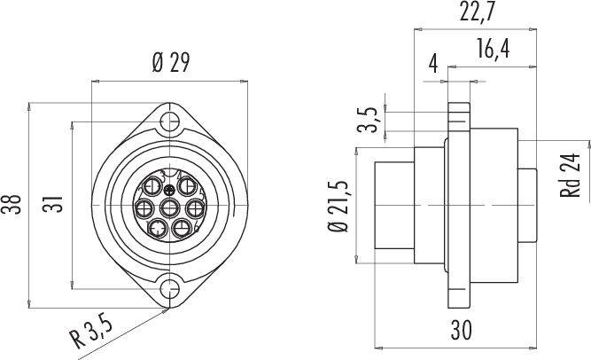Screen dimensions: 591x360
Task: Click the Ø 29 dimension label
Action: tap(171, 63)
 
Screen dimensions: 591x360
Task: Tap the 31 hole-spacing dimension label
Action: tap(52, 204)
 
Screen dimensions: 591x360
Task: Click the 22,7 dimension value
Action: tap(477, 12)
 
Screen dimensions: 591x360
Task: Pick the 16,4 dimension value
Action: tap(493, 48)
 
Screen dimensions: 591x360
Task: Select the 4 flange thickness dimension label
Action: tap(433, 63)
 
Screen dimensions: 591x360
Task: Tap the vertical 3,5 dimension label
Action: tap(368, 120)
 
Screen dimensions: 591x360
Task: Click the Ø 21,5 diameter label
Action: tap(338, 206)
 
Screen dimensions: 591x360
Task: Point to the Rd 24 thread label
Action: tap(571, 175)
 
